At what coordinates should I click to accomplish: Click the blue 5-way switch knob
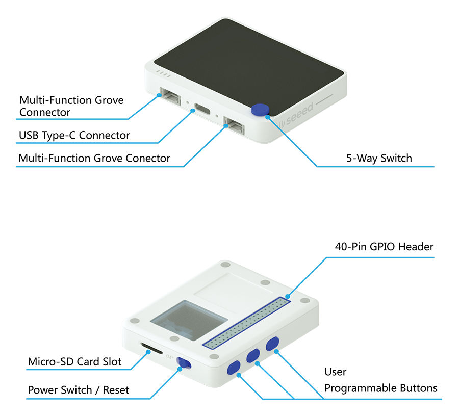[261, 110]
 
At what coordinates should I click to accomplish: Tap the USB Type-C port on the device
[203, 109]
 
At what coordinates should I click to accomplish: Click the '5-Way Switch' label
[379, 158]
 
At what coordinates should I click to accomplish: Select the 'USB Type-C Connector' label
[74, 136]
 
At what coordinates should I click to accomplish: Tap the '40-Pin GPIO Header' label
[384, 247]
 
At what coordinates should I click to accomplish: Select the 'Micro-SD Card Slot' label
[75, 362]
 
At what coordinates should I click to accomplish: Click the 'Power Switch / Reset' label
[79, 390]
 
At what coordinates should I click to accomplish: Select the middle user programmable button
[253, 356]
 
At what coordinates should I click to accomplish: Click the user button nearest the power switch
[234, 368]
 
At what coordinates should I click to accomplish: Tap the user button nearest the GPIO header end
[273, 344]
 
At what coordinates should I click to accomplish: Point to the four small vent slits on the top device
[163, 74]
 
